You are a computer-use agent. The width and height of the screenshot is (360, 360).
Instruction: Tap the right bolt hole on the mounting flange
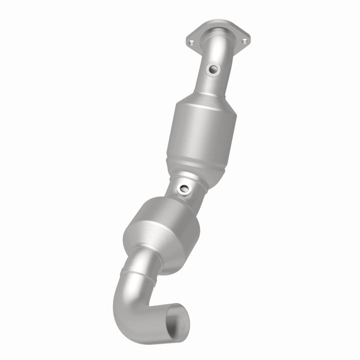click(x=244, y=41)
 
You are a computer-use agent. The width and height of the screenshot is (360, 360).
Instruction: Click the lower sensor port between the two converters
click(x=184, y=189)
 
